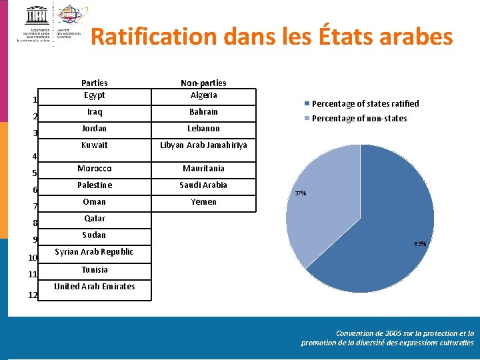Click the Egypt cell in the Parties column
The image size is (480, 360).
coord(94,95)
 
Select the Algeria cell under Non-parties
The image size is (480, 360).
coord(203,95)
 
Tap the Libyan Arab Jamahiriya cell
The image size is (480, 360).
coord(203,145)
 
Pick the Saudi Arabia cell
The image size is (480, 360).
coord(203,185)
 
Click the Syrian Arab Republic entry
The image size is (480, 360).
coord(94,251)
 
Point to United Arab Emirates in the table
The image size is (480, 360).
coord(94,286)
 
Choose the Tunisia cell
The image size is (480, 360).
coord(94,269)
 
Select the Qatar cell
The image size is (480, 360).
coord(94,218)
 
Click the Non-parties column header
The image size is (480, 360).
coord(203,83)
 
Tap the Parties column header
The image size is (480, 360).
coord(94,83)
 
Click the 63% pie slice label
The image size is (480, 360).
coord(420,244)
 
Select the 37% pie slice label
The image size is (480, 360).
coord(300,193)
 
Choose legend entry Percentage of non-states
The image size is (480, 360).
coord(359,118)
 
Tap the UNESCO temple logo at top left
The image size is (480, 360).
coord(36,15)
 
